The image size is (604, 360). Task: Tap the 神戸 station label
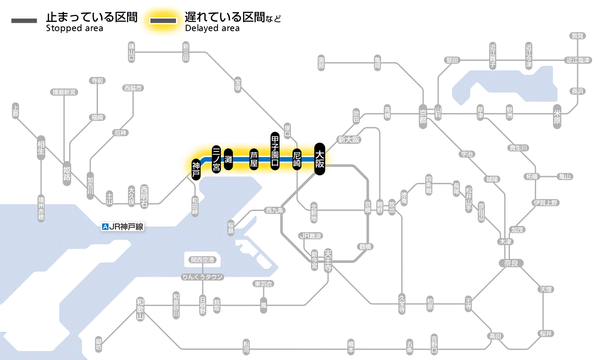click(196, 170)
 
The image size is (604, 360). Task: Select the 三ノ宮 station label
click(217, 159)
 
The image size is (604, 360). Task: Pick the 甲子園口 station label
click(275, 150)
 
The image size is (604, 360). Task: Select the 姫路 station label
click(67, 173)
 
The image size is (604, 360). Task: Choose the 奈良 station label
click(511, 262)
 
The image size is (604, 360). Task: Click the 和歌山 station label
click(139, 309)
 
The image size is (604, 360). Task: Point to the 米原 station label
click(558, 117)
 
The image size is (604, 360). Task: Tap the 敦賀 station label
click(577, 36)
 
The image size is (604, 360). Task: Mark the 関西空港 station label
click(203, 259)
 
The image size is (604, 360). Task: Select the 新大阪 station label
click(349, 139)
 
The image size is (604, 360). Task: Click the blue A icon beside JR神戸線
click(105, 226)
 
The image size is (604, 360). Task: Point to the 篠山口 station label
click(132, 52)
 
